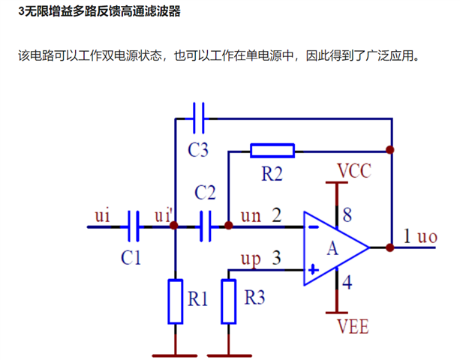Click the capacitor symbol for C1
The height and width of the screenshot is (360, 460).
(134, 226)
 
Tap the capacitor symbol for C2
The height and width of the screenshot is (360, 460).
(206, 226)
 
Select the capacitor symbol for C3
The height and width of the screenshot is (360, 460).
(199, 118)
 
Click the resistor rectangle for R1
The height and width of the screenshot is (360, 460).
(176, 301)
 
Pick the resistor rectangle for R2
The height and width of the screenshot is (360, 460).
(272, 151)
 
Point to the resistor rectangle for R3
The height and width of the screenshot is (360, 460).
(229, 301)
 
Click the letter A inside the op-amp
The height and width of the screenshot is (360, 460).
(332, 248)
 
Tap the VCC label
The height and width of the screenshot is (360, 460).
(354, 170)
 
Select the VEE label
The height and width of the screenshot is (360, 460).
(353, 326)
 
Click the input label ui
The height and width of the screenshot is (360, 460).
(102, 215)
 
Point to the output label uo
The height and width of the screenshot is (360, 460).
(428, 236)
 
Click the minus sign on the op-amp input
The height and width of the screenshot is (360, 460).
(314, 227)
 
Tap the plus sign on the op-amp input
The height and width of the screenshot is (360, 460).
(314, 269)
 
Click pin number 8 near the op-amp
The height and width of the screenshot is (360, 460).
(347, 215)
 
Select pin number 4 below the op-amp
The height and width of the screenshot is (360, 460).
(347, 282)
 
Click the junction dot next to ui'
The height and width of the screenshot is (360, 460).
(174, 225)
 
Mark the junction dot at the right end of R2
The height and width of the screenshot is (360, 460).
(390, 150)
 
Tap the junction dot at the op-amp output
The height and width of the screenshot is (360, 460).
(390, 247)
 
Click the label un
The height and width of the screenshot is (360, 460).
(251, 216)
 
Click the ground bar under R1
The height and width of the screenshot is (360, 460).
(175, 355)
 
